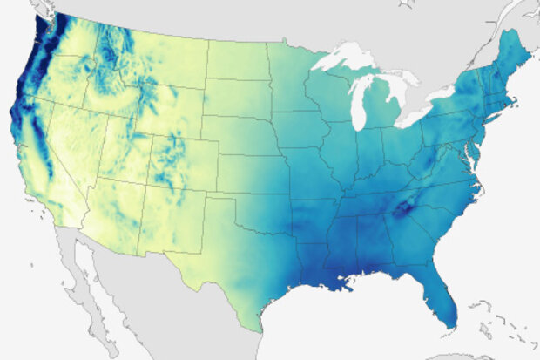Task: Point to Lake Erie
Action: point(418,117)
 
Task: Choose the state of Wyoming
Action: point(161,109)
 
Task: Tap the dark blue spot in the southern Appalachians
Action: point(403,209)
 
